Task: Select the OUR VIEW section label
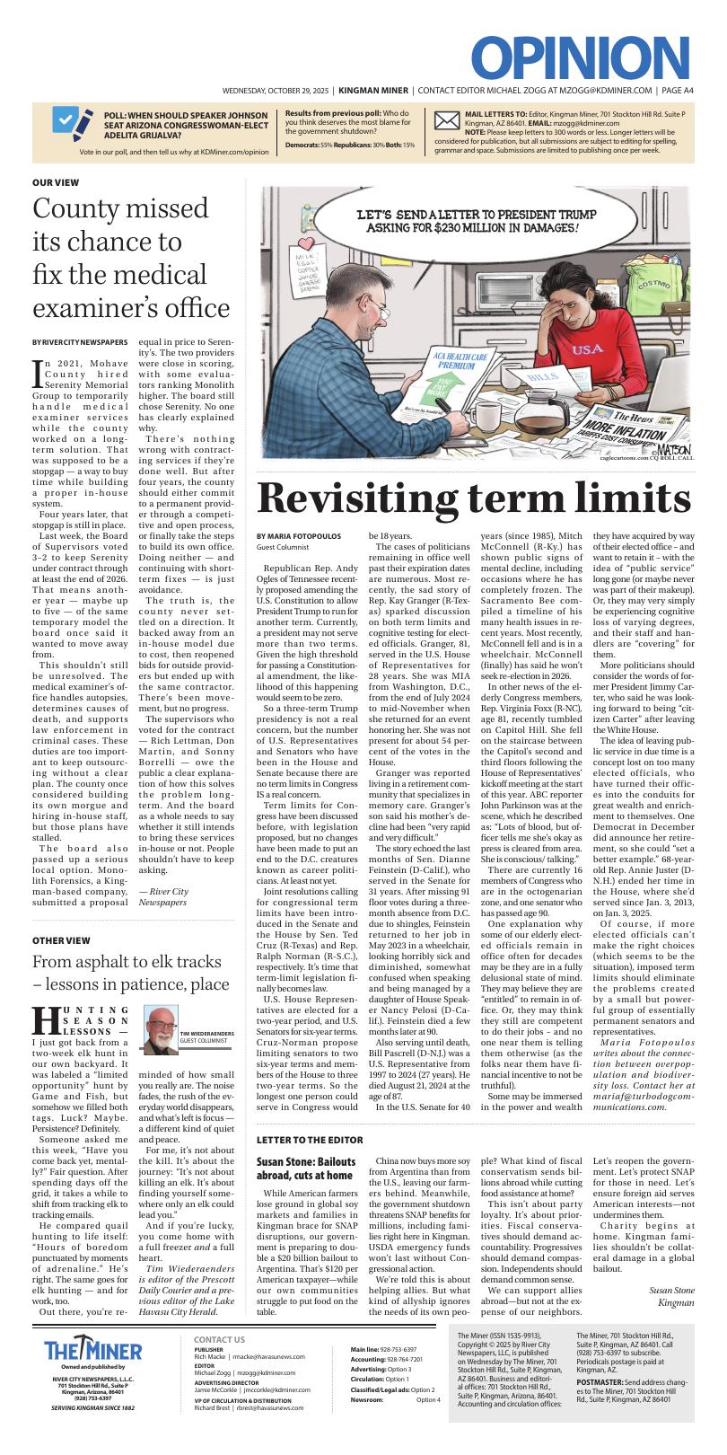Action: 55,182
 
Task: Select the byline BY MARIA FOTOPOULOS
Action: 298,536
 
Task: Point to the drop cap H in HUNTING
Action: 45,1019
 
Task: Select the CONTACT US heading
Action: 219,1339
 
